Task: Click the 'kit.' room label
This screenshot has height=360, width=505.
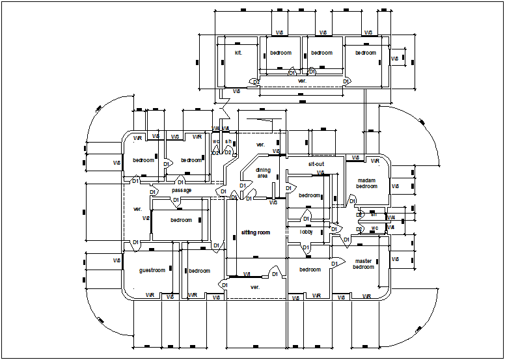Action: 238,53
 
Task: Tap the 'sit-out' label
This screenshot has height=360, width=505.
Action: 316,164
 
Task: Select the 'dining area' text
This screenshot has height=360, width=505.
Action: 262,173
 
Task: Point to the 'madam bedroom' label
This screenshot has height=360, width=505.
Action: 366,184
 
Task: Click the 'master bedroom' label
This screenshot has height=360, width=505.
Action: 364,264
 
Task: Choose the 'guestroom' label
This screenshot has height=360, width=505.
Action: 152,270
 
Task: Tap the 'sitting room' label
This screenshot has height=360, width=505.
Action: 255,232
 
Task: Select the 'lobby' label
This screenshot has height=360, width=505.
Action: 306,232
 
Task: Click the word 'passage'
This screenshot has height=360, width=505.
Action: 182,190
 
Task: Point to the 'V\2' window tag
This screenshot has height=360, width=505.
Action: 146,218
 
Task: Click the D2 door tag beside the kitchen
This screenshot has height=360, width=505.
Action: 256,82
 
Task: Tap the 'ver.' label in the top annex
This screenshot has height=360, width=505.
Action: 302,81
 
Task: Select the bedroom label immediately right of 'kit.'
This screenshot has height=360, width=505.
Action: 281,53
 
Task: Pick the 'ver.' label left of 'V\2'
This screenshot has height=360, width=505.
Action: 137,209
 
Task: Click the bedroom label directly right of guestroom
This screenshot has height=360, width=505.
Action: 199,271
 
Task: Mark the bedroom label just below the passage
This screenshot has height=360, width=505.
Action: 182,220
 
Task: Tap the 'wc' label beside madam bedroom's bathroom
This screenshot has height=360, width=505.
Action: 374,228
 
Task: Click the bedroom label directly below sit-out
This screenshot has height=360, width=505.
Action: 309,195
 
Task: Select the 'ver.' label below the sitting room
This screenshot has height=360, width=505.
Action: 255,286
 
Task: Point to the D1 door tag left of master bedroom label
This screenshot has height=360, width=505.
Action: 346,240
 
